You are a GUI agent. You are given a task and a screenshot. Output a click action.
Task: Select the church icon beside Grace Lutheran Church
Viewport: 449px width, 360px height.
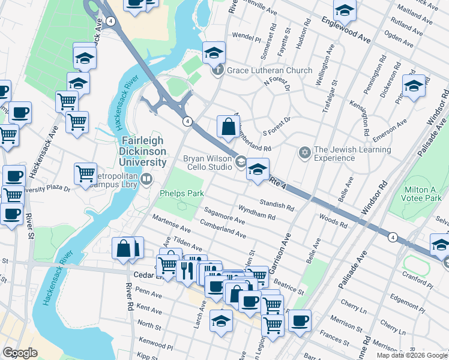[x=217, y=71]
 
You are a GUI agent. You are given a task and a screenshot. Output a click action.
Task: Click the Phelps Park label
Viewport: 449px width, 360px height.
[x=182, y=193]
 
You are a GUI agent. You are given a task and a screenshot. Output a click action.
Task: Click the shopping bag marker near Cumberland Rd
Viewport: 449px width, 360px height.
[x=228, y=127]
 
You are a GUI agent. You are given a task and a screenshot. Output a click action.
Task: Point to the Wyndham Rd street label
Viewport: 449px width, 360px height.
[x=256, y=211]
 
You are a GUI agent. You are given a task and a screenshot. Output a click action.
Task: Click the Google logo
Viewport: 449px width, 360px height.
[x=20, y=353]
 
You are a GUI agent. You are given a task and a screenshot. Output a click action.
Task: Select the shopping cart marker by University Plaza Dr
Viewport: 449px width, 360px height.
[x=85, y=174]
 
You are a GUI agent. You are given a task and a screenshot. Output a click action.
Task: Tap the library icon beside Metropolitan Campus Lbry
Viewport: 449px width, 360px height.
[x=146, y=178]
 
